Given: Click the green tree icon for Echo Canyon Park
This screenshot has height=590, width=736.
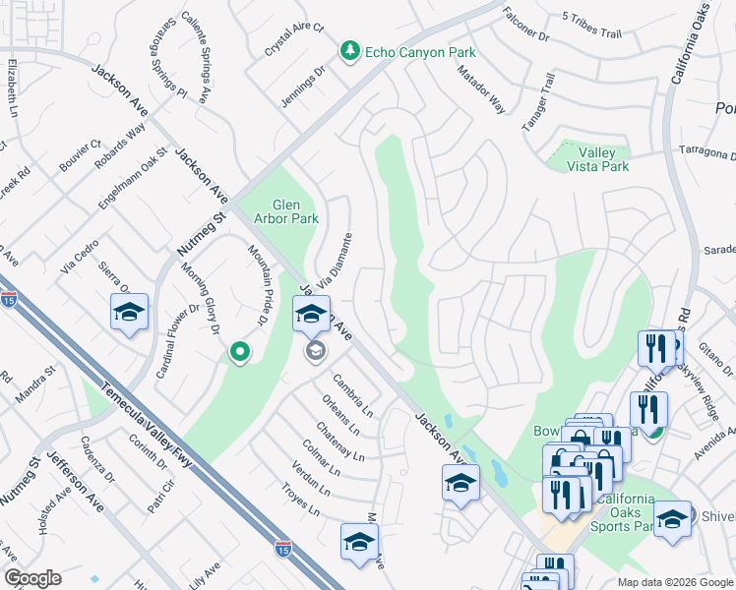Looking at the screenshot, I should (348, 51).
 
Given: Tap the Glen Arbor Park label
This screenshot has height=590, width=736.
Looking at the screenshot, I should (286, 211).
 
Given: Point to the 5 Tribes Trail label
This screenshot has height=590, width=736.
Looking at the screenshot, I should (591, 26).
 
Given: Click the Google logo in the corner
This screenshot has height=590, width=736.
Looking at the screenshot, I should (32, 578).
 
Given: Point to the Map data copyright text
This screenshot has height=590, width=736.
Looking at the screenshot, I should (675, 582).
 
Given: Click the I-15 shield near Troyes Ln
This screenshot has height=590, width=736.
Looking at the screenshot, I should (282, 546).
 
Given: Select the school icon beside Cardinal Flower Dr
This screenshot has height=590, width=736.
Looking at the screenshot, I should (129, 313).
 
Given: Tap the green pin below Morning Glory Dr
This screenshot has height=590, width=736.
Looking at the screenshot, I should (238, 351).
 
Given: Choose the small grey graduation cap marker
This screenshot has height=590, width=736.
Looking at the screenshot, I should (315, 351).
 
